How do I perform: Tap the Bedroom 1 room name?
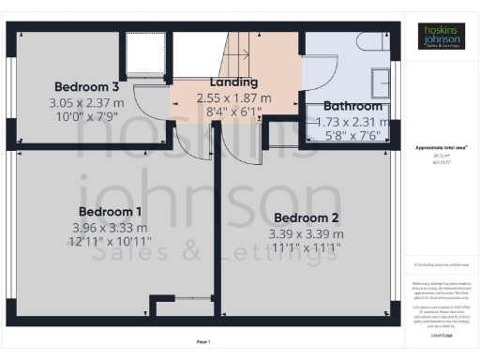pos(110,211)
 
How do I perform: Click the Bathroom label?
pos(352,106)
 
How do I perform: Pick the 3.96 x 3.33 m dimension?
pos(110,227)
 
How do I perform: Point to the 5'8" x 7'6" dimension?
pos(352,133)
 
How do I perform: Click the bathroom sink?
pos(382,82)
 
